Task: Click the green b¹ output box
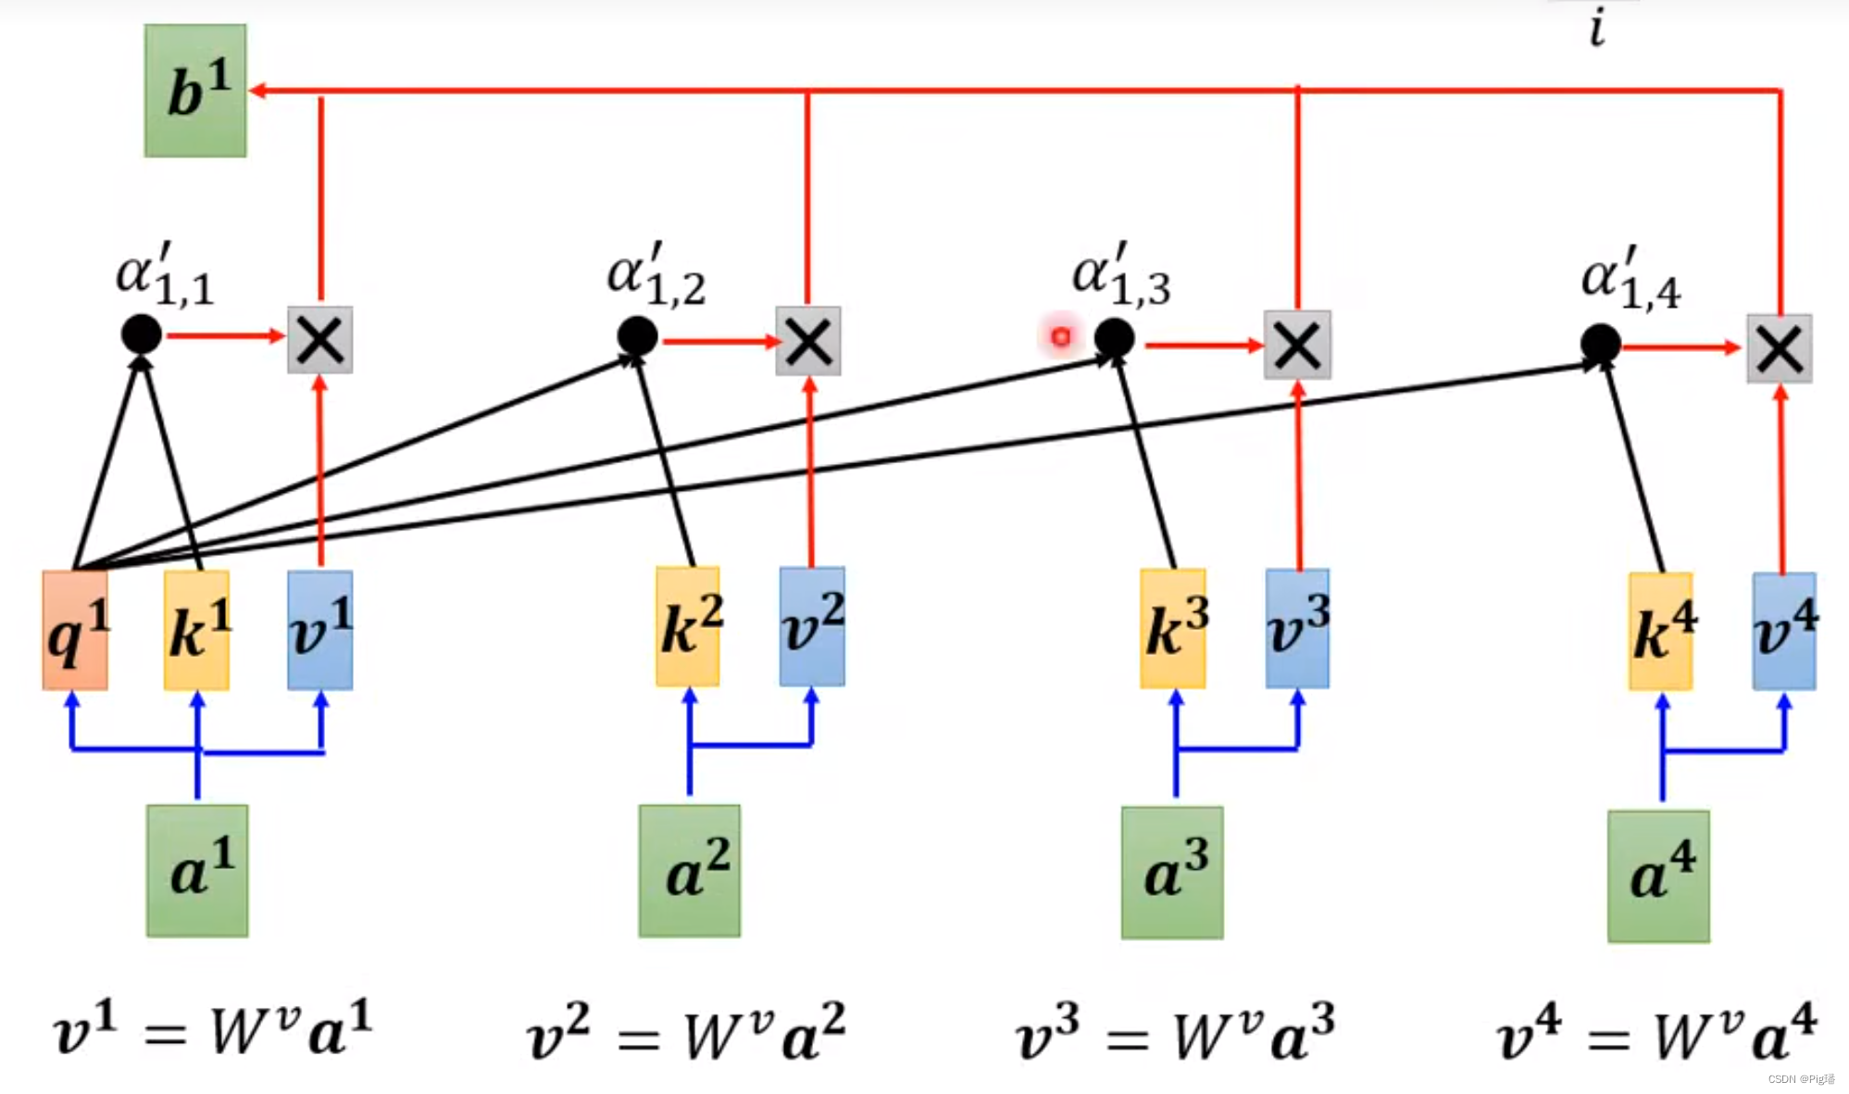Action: click(x=195, y=91)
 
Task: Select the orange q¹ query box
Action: click(x=75, y=630)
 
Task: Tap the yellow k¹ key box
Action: click(x=196, y=630)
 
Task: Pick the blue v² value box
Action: click(x=812, y=627)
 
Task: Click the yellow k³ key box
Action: click(x=1173, y=629)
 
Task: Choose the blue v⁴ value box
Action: click(x=1784, y=632)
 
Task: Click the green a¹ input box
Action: click(x=197, y=871)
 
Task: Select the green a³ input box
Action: click(x=1172, y=873)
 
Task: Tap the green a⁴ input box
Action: click(x=1658, y=876)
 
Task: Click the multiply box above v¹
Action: click(x=320, y=340)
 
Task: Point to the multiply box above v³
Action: click(x=1297, y=346)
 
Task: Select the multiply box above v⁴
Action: click(x=1780, y=349)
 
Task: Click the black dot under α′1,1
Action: click(x=142, y=334)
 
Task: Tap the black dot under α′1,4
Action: click(x=1601, y=345)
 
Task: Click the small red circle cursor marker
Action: click(x=1061, y=336)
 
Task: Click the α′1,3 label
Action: click(x=1120, y=275)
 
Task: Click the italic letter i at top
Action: click(x=1597, y=28)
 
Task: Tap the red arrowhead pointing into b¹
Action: click(x=258, y=91)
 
